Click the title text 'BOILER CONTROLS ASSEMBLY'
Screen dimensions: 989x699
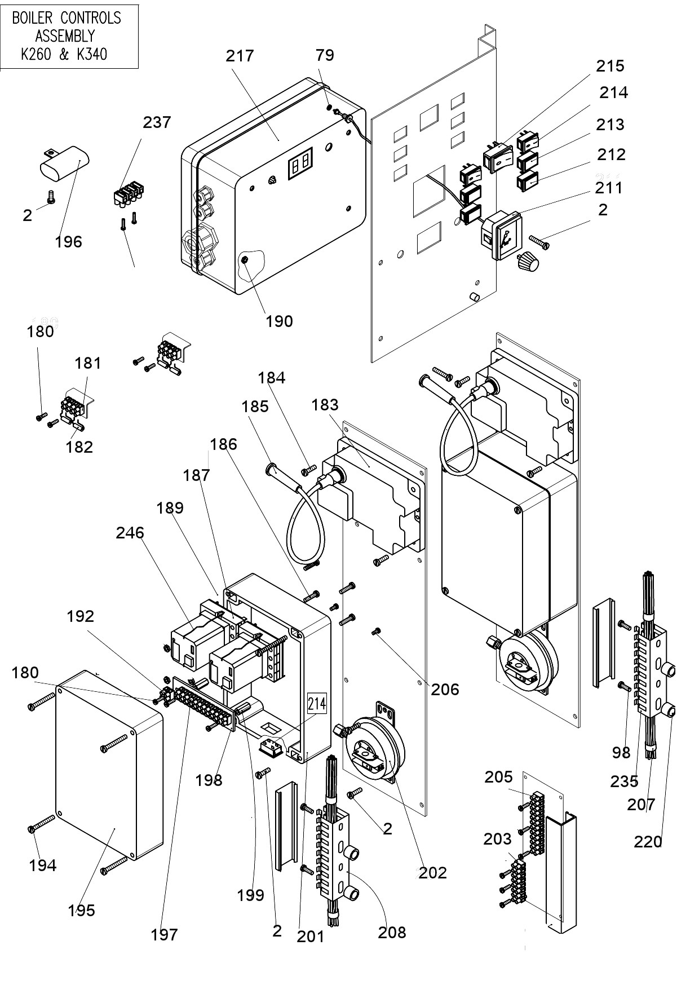66,27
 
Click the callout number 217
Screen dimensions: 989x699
240,56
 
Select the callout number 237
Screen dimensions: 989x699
157,122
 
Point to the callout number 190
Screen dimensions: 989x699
279,321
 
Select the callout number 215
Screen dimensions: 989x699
610,66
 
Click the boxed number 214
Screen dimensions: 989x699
316,703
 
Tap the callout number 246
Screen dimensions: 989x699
130,532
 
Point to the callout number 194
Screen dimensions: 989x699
43,865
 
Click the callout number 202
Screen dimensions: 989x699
432,872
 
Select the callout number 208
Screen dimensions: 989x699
392,932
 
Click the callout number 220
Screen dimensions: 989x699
648,842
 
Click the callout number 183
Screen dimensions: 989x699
325,404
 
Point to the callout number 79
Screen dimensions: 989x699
325,55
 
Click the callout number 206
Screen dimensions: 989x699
445,689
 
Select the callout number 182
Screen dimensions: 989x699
79,447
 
